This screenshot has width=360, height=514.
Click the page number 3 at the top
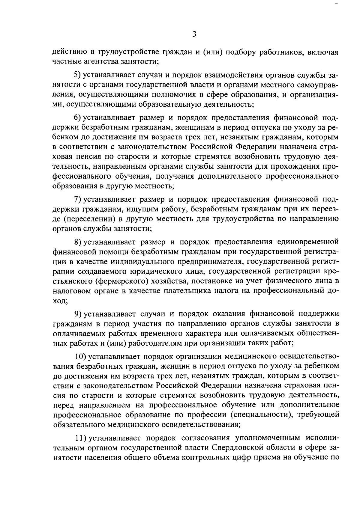tap(194, 34)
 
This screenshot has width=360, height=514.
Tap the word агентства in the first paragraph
tap(99, 62)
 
